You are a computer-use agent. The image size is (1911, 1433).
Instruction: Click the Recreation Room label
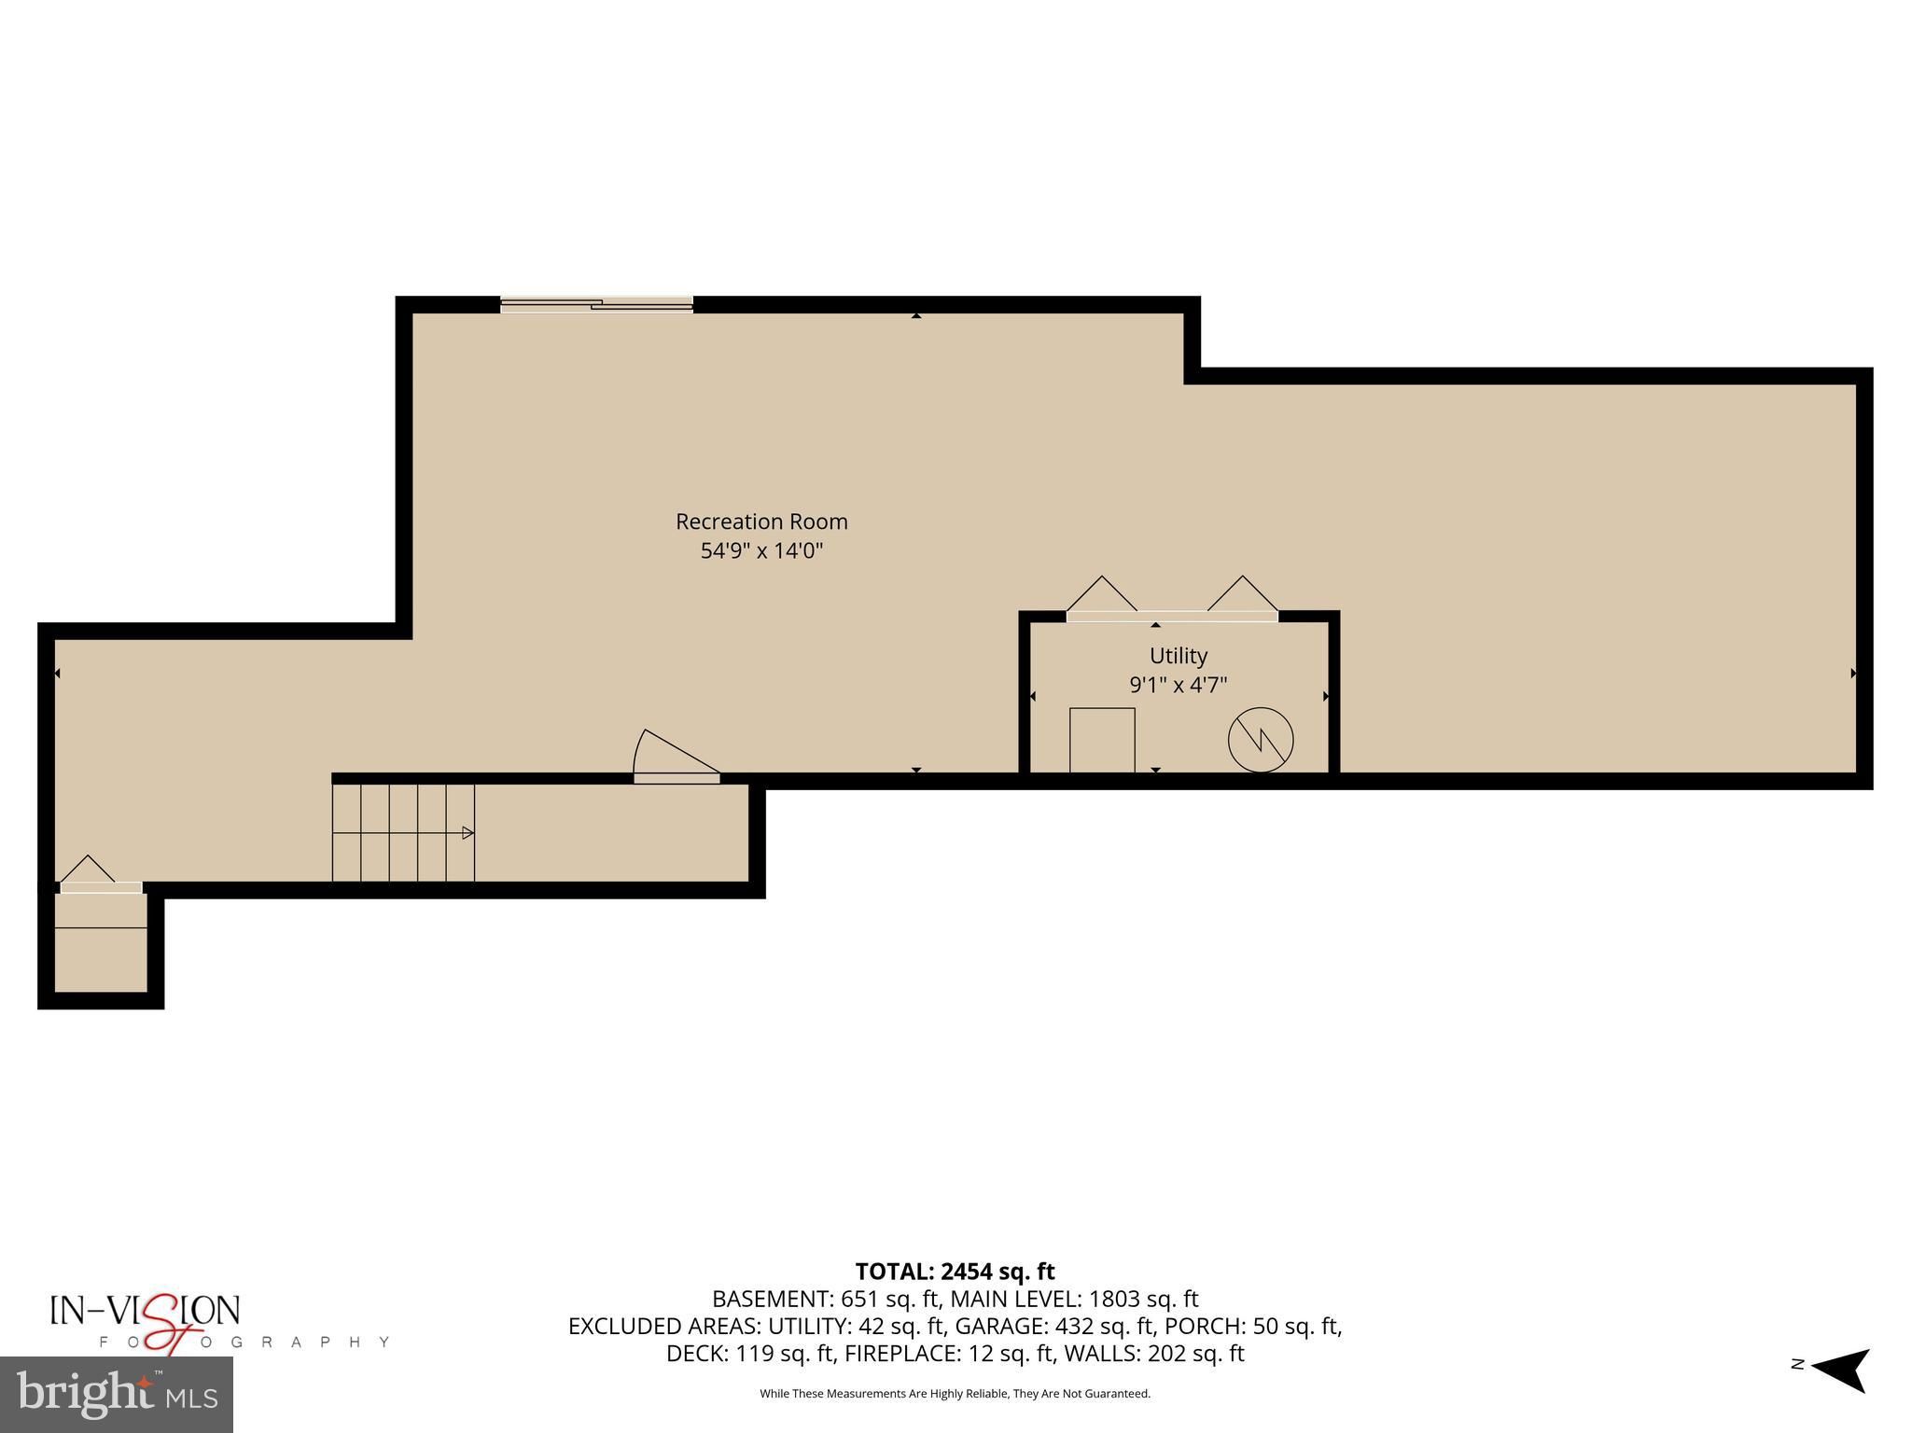coord(761,522)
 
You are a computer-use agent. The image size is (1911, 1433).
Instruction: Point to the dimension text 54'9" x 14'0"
coord(761,550)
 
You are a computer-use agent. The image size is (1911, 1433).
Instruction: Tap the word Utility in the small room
coord(1179,656)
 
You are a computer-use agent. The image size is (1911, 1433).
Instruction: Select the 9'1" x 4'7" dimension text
coord(1179,685)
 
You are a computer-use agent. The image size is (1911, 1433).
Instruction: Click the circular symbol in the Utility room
coord(1261,740)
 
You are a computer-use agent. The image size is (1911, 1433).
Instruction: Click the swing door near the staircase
coord(677,756)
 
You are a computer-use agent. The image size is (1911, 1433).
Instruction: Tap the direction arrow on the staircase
coord(468,832)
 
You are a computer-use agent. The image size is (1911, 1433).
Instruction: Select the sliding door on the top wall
coord(597,304)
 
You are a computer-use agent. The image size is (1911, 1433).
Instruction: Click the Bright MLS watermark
coord(117,1395)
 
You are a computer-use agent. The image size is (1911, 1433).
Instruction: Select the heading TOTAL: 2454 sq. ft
coord(955,1272)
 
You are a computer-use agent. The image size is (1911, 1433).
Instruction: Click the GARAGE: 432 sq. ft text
coord(1055,1326)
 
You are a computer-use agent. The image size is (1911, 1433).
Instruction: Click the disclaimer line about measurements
coord(955,1394)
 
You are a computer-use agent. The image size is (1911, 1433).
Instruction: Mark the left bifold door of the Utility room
coord(1102,597)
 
